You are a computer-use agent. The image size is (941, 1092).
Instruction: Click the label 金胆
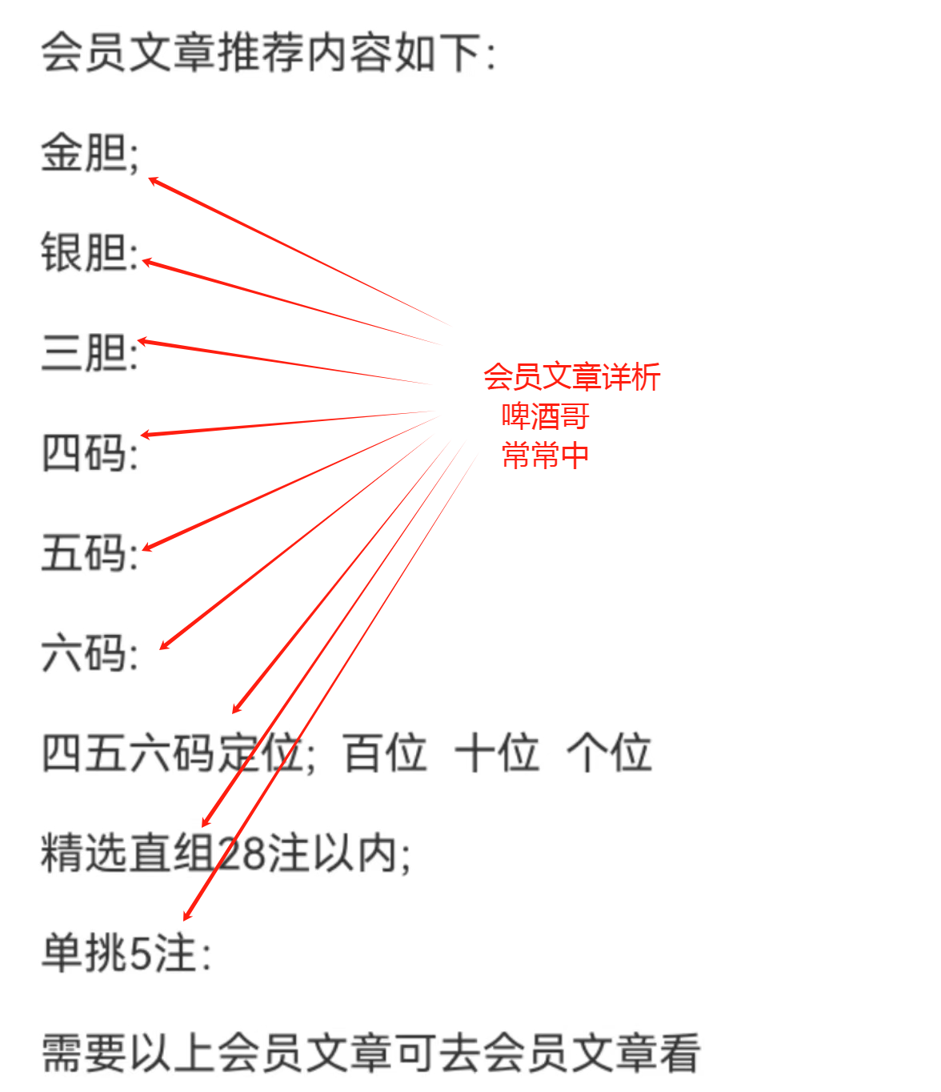click(84, 152)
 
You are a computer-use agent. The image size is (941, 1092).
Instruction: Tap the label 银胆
click(84, 252)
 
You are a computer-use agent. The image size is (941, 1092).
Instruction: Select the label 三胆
click(84, 353)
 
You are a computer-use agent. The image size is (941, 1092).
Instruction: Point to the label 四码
click(84, 453)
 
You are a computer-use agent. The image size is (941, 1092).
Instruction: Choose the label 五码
click(84, 553)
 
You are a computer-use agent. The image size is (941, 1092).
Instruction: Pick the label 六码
click(84, 653)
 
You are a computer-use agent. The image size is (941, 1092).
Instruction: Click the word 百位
click(385, 753)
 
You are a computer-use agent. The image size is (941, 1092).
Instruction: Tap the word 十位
click(497, 753)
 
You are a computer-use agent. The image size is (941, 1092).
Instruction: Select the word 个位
click(609, 753)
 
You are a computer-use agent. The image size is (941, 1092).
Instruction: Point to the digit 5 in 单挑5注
click(141, 953)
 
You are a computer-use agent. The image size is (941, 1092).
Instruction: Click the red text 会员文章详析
click(571, 377)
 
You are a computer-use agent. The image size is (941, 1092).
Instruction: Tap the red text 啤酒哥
click(545, 416)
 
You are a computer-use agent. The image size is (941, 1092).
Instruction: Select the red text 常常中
click(545, 456)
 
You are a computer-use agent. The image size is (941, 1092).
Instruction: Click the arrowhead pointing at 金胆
click(153, 181)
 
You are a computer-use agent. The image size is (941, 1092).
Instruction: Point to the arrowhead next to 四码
click(145, 435)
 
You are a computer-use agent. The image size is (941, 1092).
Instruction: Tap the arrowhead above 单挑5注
click(186, 916)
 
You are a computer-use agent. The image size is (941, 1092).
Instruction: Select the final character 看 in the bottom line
click(679, 1054)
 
